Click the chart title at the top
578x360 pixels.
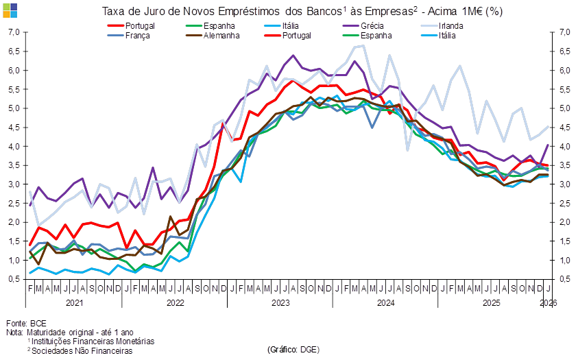[x=302, y=12]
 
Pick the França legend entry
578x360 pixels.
[x=138, y=35]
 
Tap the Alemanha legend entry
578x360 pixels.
[x=221, y=35]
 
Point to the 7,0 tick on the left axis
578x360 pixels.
[x=14, y=32]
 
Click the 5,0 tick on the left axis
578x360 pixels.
[x=14, y=108]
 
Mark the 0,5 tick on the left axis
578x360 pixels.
[x=14, y=279]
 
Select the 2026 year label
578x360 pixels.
[x=547, y=302]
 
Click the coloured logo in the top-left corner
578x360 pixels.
[x=10, y=10]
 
